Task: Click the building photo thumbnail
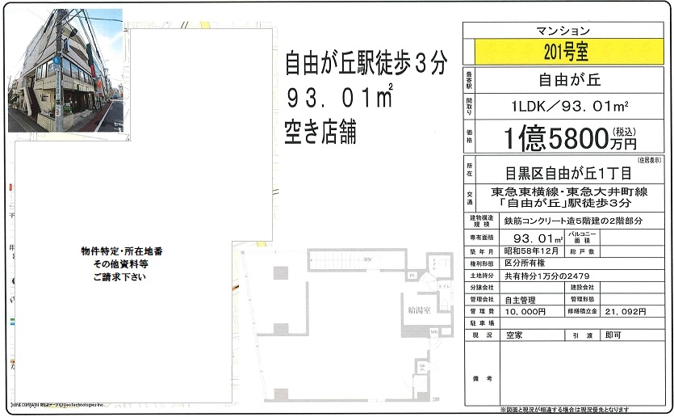click(x=65, y=72)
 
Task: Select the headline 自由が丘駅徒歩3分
click(x=366, y=64)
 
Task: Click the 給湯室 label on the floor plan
click(x=412, y=310)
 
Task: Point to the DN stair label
click(x=366, y=259)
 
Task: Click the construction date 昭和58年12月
click(x=532, y=251)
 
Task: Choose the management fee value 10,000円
click(x=524, y=310)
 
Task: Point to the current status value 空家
click(x=516, y=334)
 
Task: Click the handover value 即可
click(x=613, y=334)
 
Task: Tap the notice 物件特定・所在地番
click(x=122, y=251)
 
